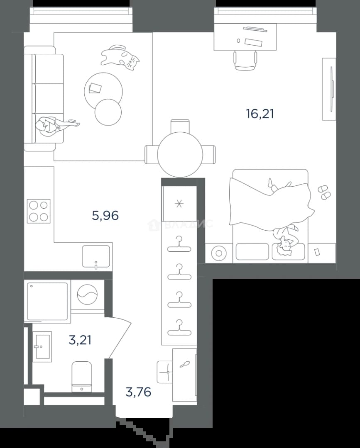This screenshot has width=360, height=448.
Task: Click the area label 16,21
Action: click(x=260, y=114)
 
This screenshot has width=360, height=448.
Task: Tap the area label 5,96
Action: click(x=105, y=215)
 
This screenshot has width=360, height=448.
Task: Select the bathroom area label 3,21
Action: click(x=80, y=340)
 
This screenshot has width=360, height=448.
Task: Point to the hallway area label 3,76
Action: click(x=138, y=392)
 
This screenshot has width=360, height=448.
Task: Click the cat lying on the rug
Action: click(x=120, y=57)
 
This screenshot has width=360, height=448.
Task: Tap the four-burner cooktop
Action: click(x=39, y=211)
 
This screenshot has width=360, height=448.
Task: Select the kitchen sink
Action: click(x=96, y=256)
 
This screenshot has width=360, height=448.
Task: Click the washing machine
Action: click(x=88, y=295)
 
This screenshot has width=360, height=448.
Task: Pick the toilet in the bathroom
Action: click(x=82, y=377)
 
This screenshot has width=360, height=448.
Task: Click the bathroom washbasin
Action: click(x=42, y=346)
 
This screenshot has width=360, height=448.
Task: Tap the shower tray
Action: click(x=47, y=302)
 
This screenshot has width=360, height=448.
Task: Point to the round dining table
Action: click(x=180, y=155)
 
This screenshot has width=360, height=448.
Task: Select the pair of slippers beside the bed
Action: click(x=324, y=192)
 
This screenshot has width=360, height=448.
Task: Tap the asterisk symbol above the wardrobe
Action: click(x=179, y=204)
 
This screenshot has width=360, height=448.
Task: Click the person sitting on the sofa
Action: click(x=54, y=126)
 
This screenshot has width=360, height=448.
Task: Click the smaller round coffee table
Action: click(x=108, y=112)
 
